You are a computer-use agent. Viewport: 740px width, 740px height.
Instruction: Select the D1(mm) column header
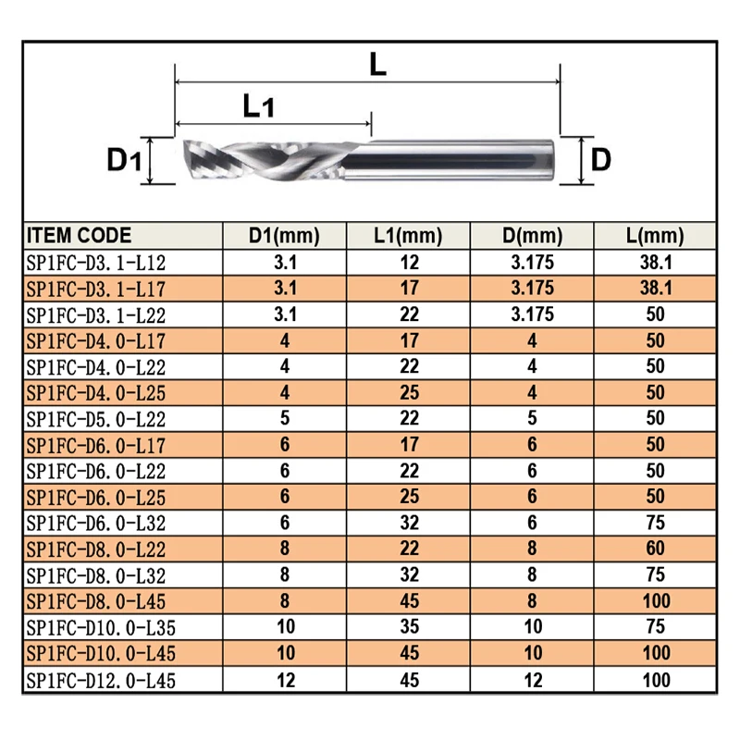[285, 235]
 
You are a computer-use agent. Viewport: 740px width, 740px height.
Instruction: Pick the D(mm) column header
[532, 235]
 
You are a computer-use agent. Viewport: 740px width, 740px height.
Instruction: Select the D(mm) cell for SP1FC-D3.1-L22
[532, 314]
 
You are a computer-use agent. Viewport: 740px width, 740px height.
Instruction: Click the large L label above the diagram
[376, 64]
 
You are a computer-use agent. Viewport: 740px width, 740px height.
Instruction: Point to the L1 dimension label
[258, 106]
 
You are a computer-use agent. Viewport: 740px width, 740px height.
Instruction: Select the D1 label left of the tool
[122, 161]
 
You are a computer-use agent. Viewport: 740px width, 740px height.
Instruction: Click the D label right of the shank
[600, 161]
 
